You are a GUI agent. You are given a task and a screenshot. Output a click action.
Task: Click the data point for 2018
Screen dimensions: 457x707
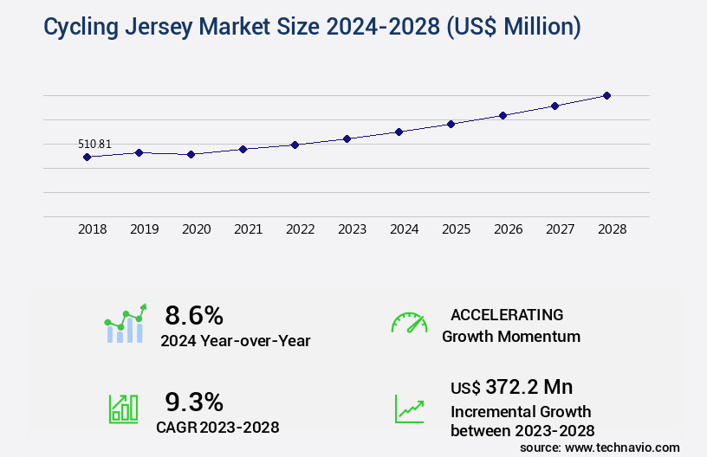coord(87,157)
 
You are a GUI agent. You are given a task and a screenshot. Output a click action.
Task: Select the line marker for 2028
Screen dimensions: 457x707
coord(606,95)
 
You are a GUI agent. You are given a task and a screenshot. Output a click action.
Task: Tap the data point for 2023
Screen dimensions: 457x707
coord(347,138)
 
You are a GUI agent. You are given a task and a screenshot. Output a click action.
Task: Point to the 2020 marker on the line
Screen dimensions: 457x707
coord(191,154)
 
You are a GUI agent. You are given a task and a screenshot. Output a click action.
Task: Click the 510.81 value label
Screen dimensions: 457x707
coord(94,144)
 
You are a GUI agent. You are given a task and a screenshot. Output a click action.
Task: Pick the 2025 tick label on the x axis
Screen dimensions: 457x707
coord(456,229)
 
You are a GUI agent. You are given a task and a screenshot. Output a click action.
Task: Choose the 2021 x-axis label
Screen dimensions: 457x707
coord(248,229)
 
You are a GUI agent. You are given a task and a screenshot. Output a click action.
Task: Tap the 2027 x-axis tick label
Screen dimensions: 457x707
coord(560,229)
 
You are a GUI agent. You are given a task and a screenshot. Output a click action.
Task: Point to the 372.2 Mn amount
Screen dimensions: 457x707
coord(529,387)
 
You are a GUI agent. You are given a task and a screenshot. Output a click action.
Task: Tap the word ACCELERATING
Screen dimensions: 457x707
coord(507,314)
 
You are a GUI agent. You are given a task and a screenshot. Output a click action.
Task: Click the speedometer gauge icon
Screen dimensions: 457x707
coord(409,323)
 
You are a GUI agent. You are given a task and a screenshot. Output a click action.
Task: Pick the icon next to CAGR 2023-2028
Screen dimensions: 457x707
coord(123,409)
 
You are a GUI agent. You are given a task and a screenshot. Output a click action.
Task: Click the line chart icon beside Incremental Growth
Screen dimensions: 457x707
coord(409,409)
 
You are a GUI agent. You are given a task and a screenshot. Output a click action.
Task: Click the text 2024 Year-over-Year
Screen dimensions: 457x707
coord(235,341)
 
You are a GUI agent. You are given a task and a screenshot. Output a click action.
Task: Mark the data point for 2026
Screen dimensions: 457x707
coord(503,115)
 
